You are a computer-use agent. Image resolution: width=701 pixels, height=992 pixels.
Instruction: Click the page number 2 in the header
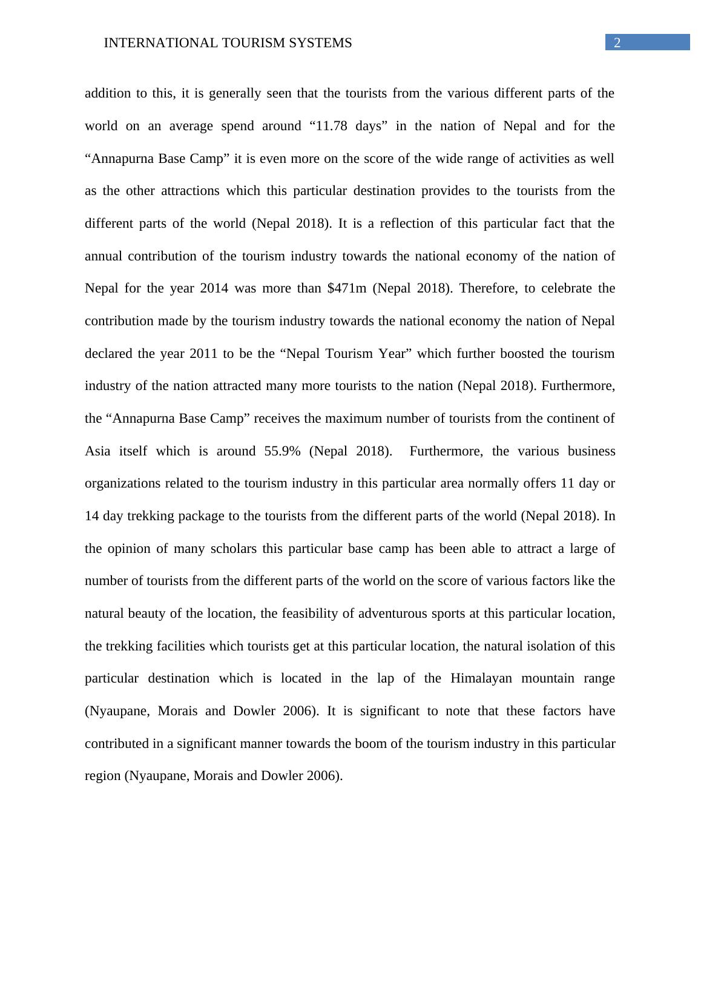617,42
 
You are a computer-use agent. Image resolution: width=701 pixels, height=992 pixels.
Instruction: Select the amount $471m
346,288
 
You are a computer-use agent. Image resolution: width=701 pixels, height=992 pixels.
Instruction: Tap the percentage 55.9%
282,451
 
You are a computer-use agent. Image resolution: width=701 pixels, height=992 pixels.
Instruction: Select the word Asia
97,451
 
